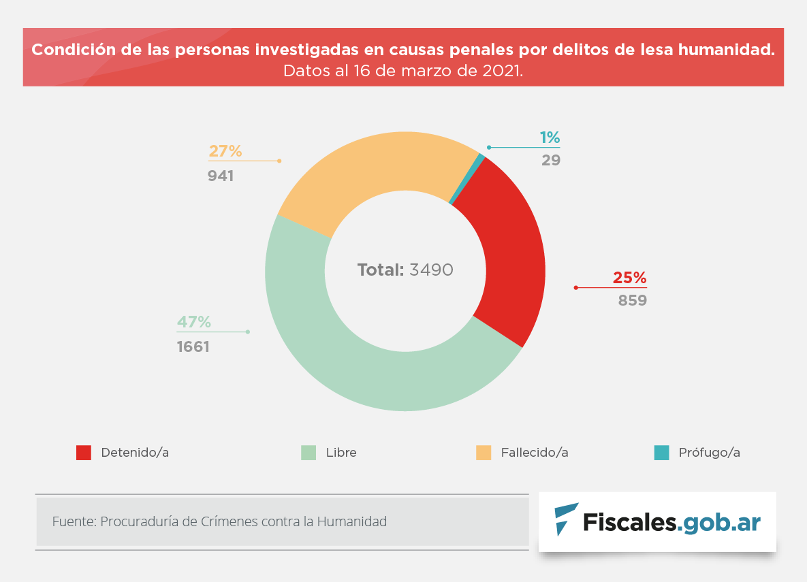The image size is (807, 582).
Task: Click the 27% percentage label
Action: [225, 151]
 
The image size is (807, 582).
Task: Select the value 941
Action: [221, 176]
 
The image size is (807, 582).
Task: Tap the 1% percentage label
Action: [550, 138]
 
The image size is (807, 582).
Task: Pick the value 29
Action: [551, 161]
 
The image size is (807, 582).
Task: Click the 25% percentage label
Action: [629, 278]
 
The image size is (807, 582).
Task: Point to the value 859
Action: [632, 300]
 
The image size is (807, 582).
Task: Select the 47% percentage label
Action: [194, 322]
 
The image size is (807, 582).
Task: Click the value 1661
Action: [193, 346]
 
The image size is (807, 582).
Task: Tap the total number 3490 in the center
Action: [431, 270]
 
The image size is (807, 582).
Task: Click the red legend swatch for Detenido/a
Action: [84, 453]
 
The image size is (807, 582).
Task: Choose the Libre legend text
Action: [341, 453]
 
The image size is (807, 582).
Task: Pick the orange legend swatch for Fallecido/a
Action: [484, 453]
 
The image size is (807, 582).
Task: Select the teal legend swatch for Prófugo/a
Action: [661, 453]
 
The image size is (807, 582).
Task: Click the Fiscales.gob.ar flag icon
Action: [566, 519]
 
